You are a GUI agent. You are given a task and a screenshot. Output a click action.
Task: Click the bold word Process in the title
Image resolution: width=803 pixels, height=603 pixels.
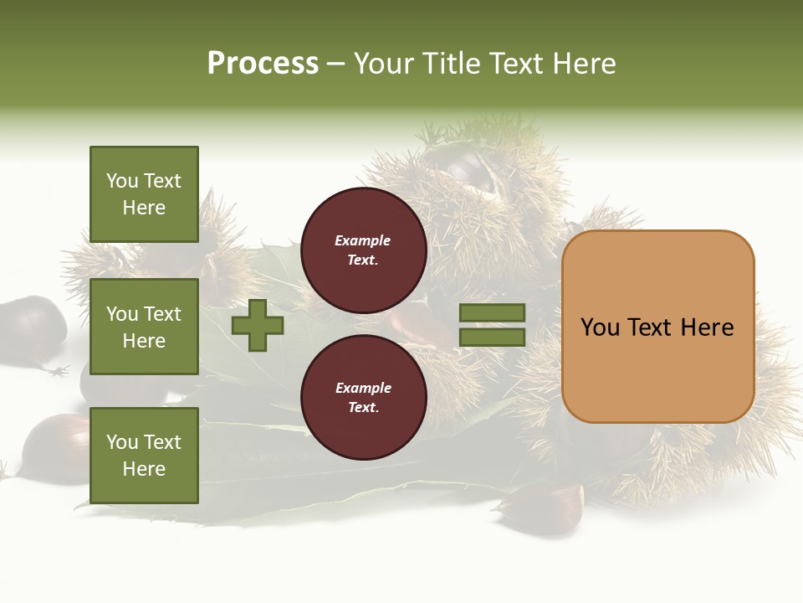point(263,64)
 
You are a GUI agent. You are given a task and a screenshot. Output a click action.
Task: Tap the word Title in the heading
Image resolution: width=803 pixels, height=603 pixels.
point(449,64)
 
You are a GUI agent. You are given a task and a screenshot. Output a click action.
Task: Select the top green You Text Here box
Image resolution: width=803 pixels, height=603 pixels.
point(144,194)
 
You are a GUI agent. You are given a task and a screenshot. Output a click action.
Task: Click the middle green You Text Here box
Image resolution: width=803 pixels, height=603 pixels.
point(144,327)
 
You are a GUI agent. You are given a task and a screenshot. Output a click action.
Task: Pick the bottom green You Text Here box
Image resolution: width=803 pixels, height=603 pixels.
point(144,456)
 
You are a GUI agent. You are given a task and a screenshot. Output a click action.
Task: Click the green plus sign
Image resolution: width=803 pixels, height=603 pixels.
point(258,325)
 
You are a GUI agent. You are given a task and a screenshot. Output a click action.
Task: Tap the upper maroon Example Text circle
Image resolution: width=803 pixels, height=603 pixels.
point(364,250)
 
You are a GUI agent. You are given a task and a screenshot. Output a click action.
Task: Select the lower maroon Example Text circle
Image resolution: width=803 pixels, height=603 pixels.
point(364,398)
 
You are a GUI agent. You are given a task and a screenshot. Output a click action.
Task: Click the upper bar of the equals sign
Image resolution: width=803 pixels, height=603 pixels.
point(492,313)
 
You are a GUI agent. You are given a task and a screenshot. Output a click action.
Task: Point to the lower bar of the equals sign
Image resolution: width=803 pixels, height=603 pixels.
point(492,338)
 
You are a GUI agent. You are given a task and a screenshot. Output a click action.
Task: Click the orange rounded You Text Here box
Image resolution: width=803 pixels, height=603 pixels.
point(657,327)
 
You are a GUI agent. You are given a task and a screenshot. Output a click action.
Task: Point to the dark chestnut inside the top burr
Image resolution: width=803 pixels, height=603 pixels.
point(465,167)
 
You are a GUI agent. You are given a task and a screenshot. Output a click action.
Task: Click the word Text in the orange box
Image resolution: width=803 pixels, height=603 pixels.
point(657,327)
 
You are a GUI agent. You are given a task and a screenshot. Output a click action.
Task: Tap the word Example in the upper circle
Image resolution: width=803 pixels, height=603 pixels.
point(363,240)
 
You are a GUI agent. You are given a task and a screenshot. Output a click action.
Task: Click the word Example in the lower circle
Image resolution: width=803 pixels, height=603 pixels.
point(363,388)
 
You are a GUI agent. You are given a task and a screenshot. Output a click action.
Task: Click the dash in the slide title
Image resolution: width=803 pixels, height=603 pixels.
point(336,64)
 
